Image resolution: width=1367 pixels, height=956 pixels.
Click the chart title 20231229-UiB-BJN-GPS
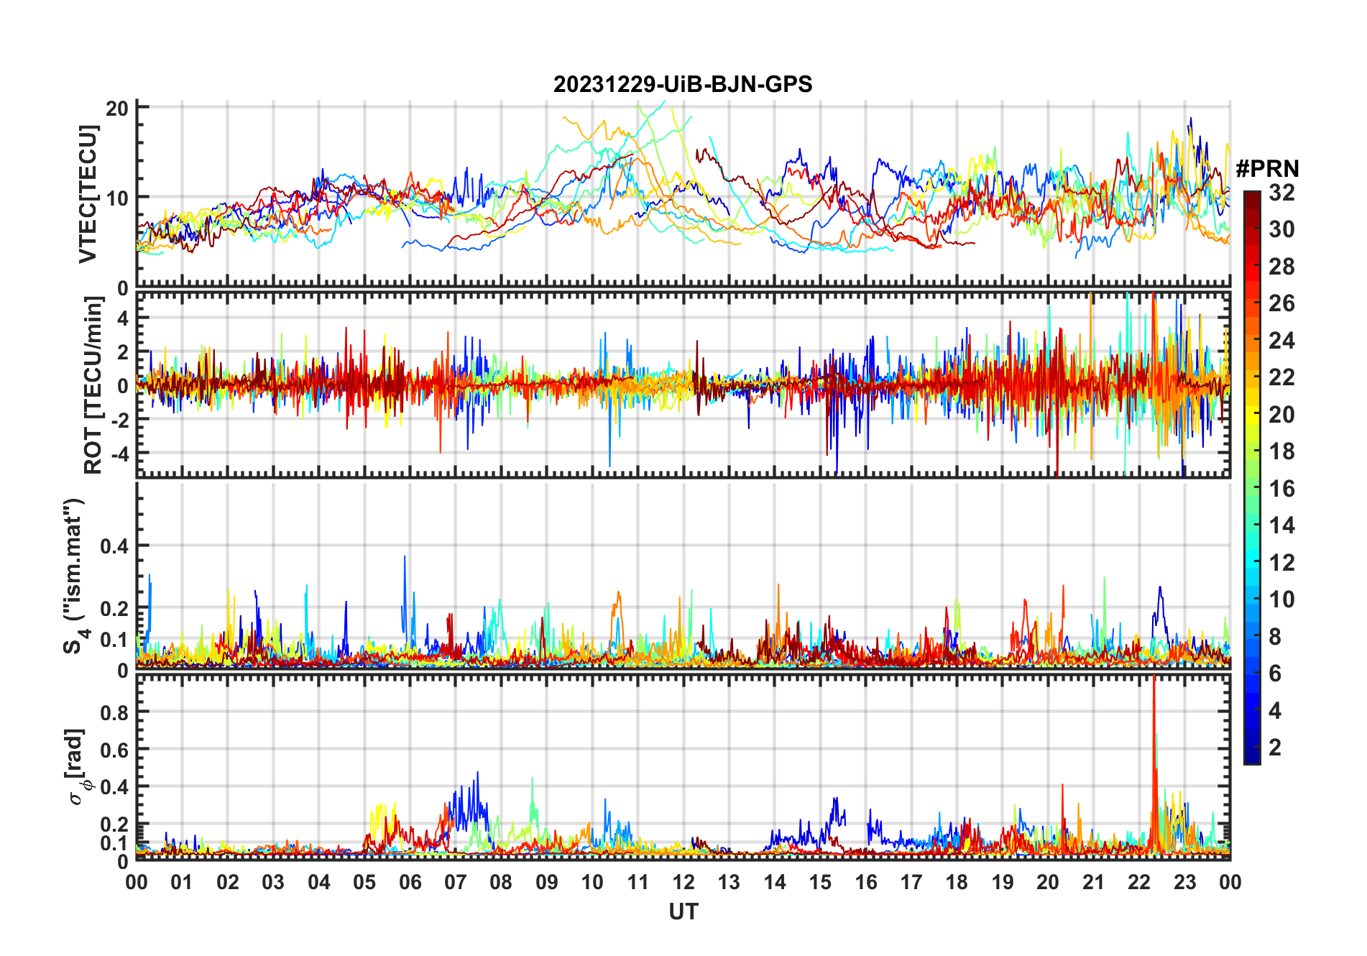[683, 84]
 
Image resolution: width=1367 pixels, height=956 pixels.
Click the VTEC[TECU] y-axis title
[88, 194]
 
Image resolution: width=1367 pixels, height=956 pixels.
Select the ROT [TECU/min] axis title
[93, 385]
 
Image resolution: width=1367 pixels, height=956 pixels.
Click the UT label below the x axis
[683, 911]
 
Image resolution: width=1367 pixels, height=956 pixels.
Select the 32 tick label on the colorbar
[1281, 192]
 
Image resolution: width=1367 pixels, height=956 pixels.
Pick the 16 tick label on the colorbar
[1281, 488]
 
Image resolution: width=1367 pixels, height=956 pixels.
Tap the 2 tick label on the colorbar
[1275, 747]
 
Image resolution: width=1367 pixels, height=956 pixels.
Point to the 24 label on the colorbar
[1281, 340]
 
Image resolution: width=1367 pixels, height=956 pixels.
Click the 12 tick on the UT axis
[683, 882]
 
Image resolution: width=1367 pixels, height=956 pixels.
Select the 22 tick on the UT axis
[1139, 882]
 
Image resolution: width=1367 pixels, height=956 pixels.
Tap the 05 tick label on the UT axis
[364, 882]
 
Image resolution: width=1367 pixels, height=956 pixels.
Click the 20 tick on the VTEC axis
[117, 109]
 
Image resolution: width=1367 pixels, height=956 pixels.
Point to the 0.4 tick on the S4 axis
[114, 546]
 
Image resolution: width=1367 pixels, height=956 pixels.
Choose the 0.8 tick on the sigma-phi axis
[114, 712]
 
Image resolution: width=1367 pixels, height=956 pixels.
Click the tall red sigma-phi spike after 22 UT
[1154, 762]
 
